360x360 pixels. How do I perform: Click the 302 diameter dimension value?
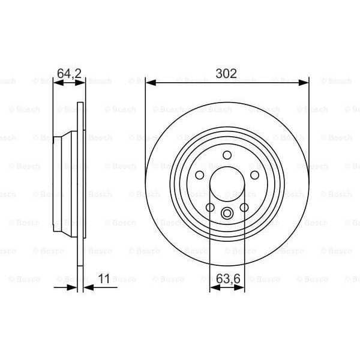[x=227, y=74]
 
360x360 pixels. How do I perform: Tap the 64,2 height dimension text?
[x=68, y=74]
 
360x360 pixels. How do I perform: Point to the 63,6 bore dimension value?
[x=227, y=279]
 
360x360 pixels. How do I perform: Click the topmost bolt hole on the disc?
[x=227, y=156]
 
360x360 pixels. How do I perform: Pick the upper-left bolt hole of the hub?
[x=199, y=175]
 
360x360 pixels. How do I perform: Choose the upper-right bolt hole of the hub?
[x=254, y=175]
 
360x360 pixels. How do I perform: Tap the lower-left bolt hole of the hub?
[x=210, y=208]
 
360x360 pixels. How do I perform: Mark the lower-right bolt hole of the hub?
[x=244, y=208]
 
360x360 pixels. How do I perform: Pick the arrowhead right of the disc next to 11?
[x=88, y=288]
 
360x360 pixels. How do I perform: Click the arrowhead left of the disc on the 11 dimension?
[x=74, y=288]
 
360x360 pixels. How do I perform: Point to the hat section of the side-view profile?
[x=65, y=184]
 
